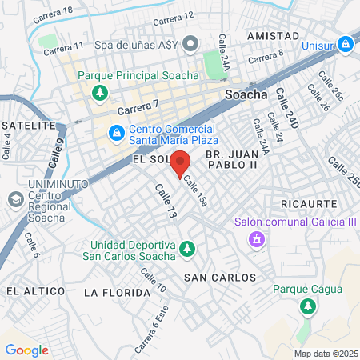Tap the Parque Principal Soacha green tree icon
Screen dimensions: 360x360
(x=99, y=94)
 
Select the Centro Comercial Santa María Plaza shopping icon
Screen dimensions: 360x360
(x=117, y=131)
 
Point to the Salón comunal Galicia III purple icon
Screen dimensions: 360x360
(x=257, y=238)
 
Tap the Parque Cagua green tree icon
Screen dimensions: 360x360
(x=306, y=306)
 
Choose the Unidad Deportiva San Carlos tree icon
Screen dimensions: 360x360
(x=187, y=250)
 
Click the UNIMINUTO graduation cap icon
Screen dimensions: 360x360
(x=14, y=199)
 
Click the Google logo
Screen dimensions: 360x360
(x=26, y=350)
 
